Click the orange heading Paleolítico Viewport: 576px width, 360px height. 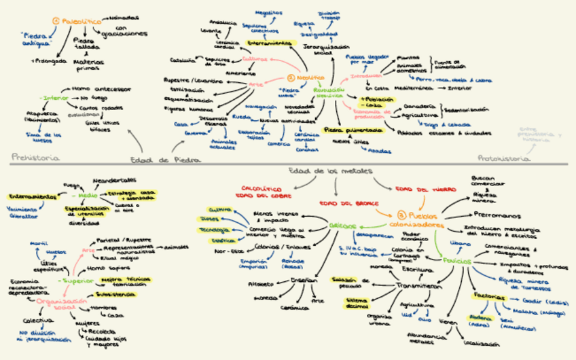81,22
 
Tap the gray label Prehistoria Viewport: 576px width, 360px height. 35,158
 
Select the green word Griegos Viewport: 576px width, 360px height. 342,225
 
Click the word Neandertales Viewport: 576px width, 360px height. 110,181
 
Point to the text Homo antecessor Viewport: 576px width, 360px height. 101,88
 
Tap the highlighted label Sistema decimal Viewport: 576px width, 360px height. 356,302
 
